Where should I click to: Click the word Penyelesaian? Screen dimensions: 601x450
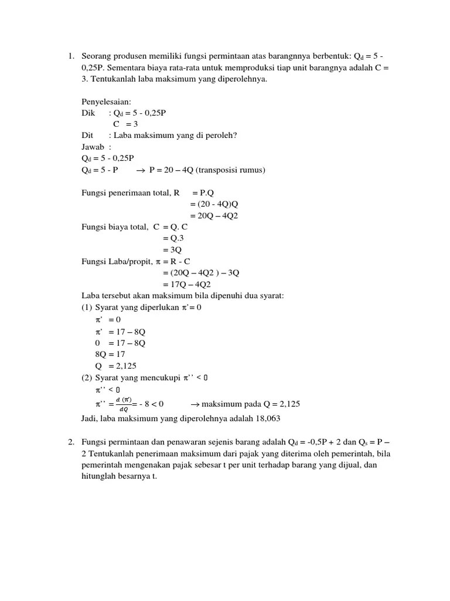coord(106,102)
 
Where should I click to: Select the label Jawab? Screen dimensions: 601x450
coord(94,147)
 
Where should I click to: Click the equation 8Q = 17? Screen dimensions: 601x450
coord(110,354)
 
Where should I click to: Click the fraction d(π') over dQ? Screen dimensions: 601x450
coord(123,404)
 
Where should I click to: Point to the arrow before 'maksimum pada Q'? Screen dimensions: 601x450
coord(196,404)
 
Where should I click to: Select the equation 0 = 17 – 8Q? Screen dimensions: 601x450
coord(120,342)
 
